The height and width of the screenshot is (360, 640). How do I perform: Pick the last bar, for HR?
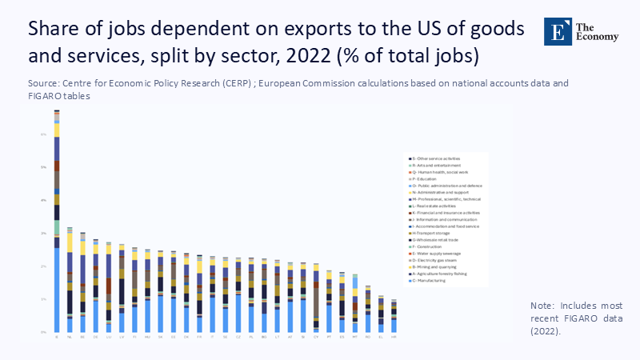[x=393, y=316]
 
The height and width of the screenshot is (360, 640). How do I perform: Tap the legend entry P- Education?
[x=429, y=178]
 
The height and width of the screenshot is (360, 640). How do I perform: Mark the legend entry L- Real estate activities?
[x=437, y=206]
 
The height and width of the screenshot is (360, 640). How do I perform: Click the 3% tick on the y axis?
[x=44, y=233]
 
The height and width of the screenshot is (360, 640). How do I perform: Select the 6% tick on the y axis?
[x=44, y=134]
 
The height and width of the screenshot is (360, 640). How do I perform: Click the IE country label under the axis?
[x=57, y=338]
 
